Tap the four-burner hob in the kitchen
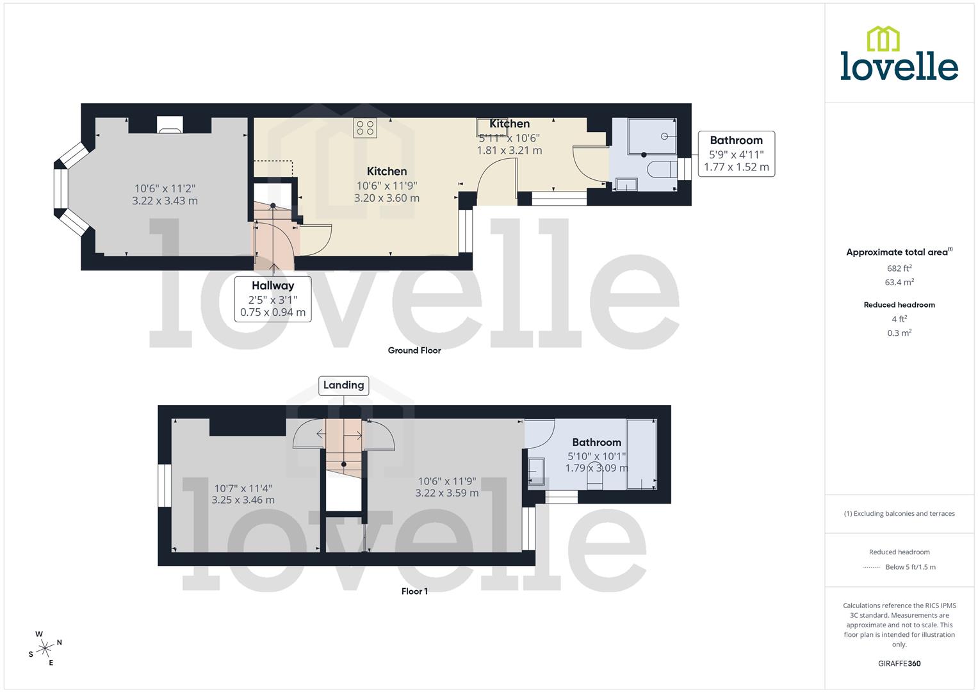(x=365, y=128)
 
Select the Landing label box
(x=343, y=385)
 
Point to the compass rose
(x=45, y=648)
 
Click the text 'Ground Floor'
(x=414, y=350)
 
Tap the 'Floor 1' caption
(x=414, y=591)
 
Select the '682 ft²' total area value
(x=899, y=268)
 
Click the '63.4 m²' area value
(x=899, y=283)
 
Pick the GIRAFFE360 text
(x=899, y=664)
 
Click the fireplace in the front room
(x=170, y=126)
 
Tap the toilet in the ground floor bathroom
(x=662, y=169)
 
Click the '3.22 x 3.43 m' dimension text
(x=165, y=201)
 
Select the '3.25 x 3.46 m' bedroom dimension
(x=243, y=500)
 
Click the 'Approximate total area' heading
(x=899, y=252)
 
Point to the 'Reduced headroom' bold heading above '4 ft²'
(x=899, y=305)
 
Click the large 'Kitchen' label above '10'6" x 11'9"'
(x=386, y=171)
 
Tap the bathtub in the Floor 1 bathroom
(x=641, y=454)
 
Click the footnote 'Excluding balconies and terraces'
(x=899, y=514)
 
